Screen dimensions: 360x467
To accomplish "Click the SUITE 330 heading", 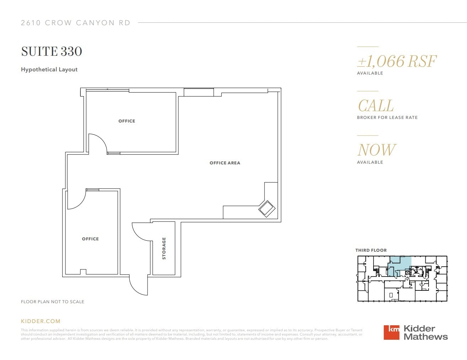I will pyautogui.click(x=52, y=51).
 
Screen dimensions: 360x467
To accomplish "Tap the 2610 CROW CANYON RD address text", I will pyautogui.click(x=75, y=23).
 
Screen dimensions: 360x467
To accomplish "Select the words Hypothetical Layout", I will pyautogui.click(x=49, y=70).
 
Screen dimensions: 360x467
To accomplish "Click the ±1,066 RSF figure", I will pyautogui.click(x=397, y=61).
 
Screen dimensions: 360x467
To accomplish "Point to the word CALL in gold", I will pyautogui.click(x=376, y=105).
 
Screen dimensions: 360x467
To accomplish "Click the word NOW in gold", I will pyautogui.click(x=376, y=150).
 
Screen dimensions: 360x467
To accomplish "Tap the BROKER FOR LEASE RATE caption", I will pyautogui.click(x=387, y=118).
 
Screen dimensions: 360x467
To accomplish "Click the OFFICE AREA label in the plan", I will pyautogui.click(x=225, y=163).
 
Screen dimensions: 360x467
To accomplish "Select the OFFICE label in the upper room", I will pyautogui.click(x=127, y=121).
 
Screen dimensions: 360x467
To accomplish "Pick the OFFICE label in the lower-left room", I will pyautogui.click(x=90, y=239).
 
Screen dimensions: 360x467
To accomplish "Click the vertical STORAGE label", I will pyautogui.click(x=164, y=249).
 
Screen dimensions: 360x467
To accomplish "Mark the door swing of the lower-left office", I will pyautogui.click(x=76, y=200).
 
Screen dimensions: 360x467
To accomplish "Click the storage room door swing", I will pyautogui.click(x=141, y=231).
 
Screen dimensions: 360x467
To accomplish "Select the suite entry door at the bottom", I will pyautogui.click(x=139, y=285).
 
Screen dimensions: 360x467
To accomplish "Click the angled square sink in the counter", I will pyautogui.click(x=266, y=209).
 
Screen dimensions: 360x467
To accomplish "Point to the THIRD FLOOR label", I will pyautogui.click(x=371, y=250).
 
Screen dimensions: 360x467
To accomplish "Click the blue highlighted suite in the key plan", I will pyautogui.click(x=402, y=263).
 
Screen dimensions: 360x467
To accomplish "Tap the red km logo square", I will pyautogui.click(x=391, y=333).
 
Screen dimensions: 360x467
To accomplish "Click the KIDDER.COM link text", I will pyautogui.click(x=41, y=321).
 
